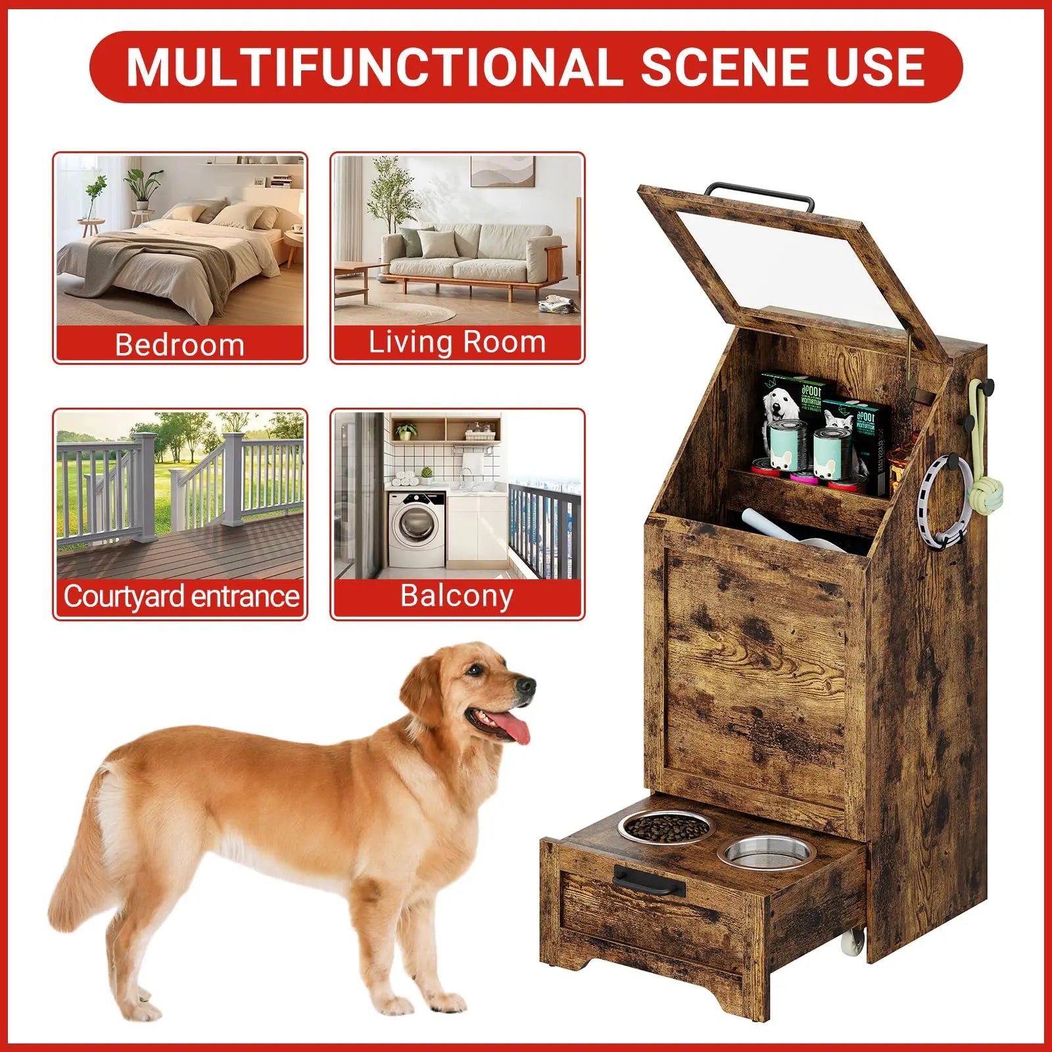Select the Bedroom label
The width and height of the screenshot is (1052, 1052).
(179, 345)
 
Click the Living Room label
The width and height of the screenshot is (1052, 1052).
(457, 343)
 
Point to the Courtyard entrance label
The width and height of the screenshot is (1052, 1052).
(181, 596)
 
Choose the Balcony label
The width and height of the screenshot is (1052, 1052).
(457, 596)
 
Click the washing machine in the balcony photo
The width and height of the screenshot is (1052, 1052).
(417, 530)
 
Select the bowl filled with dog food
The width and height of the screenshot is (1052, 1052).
(664, 827)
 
